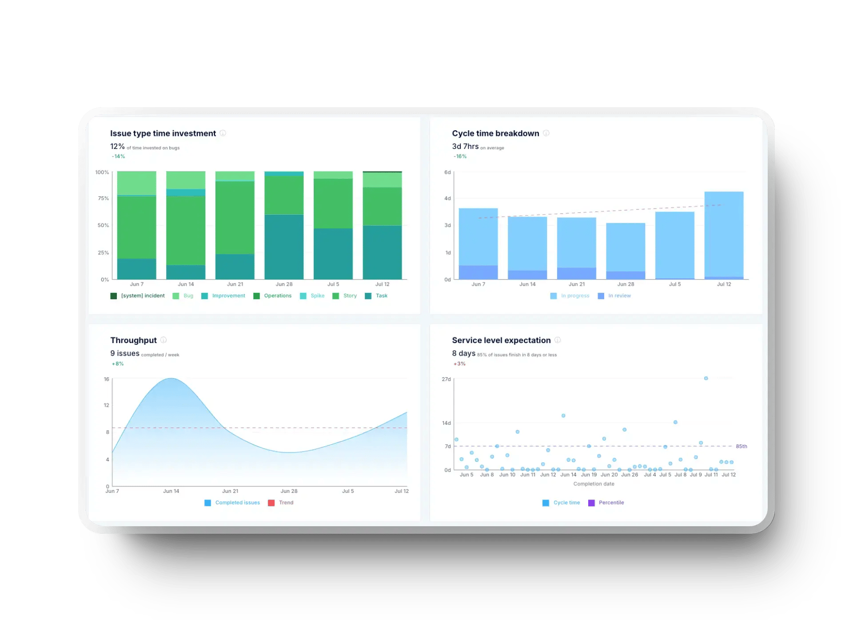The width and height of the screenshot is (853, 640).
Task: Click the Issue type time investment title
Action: coord(163,133)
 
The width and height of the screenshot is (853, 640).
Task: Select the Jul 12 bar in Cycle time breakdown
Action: coord(724,235)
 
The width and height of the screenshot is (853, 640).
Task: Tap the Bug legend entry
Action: coord(183,296)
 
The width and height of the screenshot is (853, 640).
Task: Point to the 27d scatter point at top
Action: coord(706,378)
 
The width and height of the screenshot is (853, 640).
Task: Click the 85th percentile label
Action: coord(741,446)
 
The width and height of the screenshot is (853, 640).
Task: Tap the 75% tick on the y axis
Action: coord(103,198)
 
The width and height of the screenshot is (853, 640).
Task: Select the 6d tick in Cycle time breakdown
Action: coord(447,172)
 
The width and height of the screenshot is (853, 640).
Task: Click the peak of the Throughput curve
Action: coord(171,379)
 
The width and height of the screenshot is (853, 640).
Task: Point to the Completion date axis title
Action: coord(594,484)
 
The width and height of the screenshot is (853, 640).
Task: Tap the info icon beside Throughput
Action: coord(163,340)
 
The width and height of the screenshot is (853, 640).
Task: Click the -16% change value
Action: coord(460,156)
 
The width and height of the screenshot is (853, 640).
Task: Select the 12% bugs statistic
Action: coord(117,146)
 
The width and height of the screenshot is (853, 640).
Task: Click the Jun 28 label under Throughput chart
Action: coord(289,491)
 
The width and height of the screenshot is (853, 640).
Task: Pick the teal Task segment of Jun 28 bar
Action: coord(284,247)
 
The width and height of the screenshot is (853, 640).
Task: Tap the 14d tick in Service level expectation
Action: coord(446,423)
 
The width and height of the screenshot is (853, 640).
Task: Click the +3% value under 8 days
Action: coord(459,364)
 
